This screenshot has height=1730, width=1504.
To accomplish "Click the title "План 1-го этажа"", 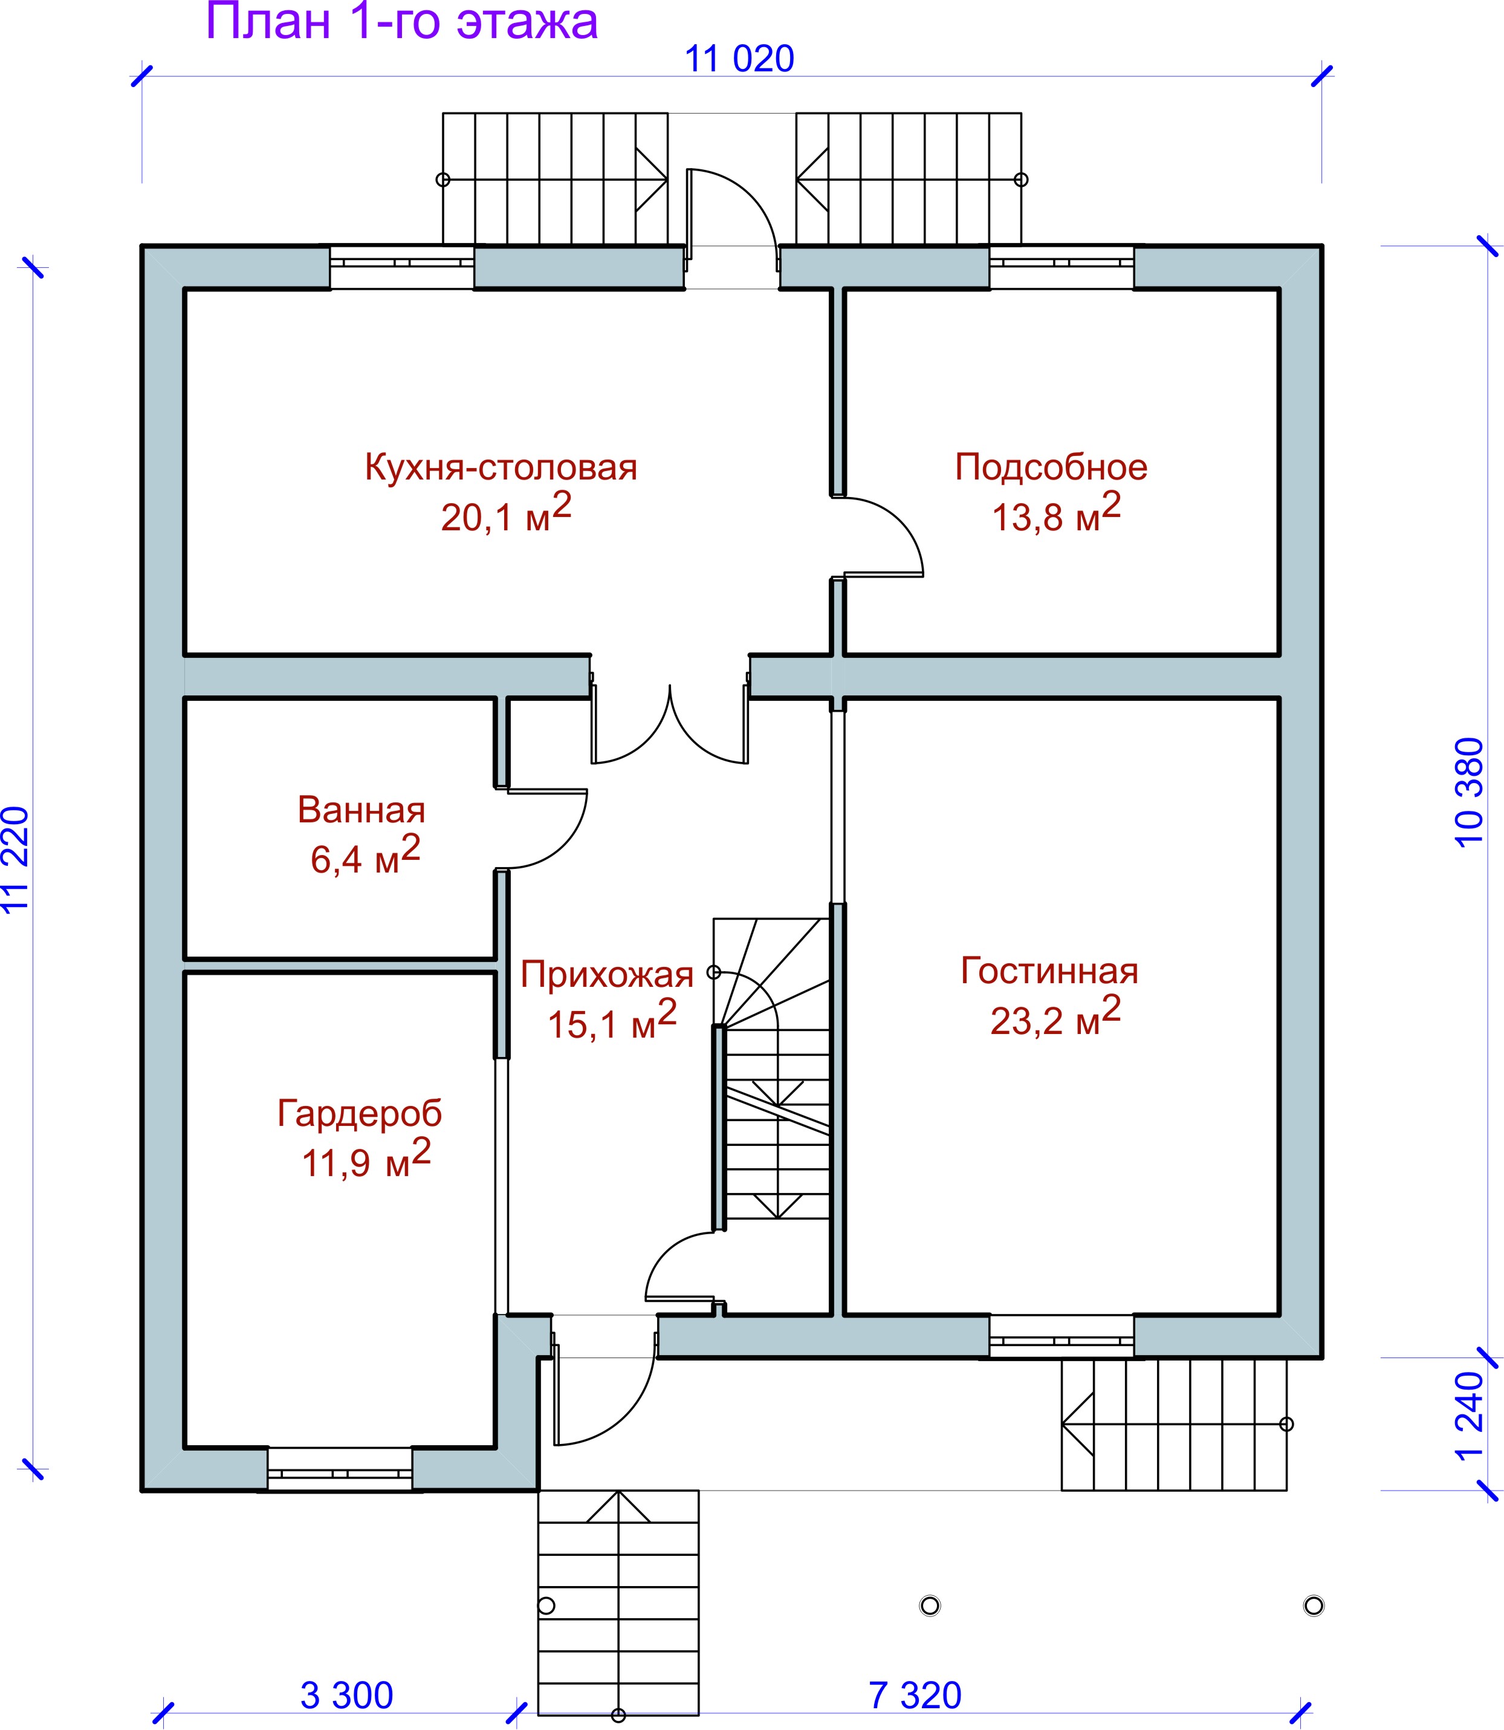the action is [x=401, y=22].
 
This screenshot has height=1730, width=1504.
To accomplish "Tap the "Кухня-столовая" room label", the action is [x=501, y=467].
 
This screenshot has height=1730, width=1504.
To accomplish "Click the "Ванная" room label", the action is [x=361, y=810].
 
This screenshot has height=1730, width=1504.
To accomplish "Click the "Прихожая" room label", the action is [x=607, y=975].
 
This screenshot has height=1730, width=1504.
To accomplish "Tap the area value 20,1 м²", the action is [x=506, y=513].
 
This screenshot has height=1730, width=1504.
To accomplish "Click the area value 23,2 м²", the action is [x=1055, y=1016].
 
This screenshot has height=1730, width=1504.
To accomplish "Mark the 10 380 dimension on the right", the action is [x=1469, y=792].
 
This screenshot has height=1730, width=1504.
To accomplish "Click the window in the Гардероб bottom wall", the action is [x=340, y=1473].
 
